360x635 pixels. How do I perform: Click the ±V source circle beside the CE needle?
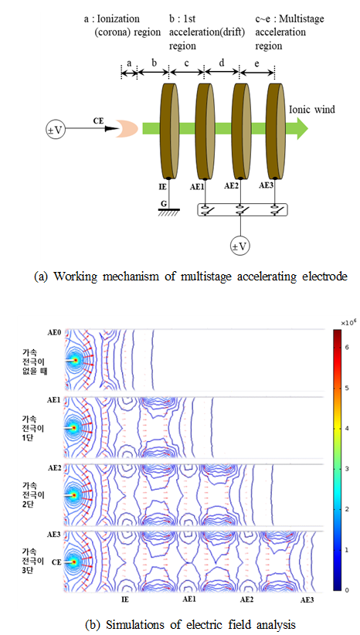pyautogui.click(x=56, y=129)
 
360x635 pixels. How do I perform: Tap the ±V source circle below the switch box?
pyautogui.click(x=240, y=246)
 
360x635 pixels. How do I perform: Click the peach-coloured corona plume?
pyautogui.click(x=127, y=128)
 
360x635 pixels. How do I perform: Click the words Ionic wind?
pyautogui.click(x=312, y=110)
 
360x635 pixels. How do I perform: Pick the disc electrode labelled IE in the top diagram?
pyautogui.click(x=170, y=131)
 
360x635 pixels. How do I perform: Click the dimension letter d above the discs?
pyautogui.click(x=222, y=63)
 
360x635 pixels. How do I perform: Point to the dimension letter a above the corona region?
pyautogui.click(x=130, y=63)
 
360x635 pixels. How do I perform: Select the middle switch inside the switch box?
pyautogui.click(x=240, y=210)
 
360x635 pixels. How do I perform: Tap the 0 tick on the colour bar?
pyautogui.click(x=345, y=590)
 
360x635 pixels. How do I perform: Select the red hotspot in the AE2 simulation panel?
pyautogui.click(x=73, y=495)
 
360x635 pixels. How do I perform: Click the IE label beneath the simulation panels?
pyautogui.click(x=125, y=598)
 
